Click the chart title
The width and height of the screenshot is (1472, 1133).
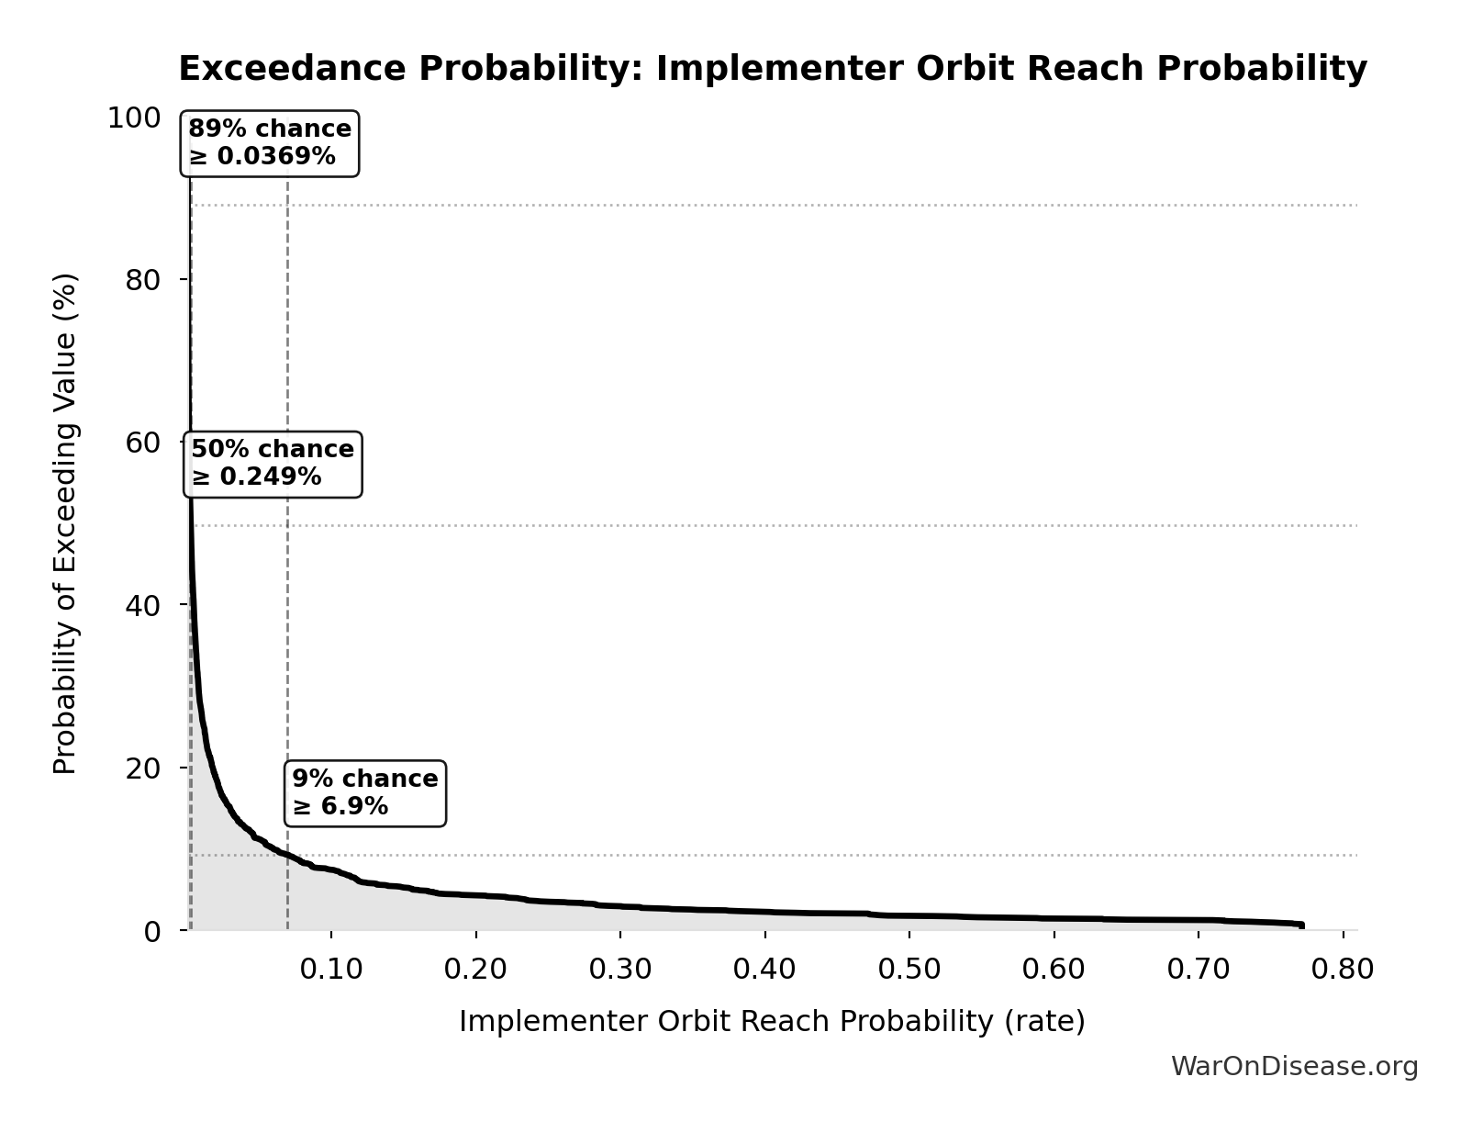tap(772, 69)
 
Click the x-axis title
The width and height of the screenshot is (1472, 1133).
tap(772, 1021)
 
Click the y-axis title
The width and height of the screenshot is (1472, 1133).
tap(65, 523)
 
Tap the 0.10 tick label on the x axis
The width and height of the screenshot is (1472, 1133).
tap(331, 970)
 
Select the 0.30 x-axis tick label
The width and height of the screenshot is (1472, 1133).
tap(620, 970)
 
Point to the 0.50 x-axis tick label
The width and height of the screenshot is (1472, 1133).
tap(909, 970)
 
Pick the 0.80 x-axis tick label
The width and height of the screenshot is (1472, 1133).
tap(1343, 970)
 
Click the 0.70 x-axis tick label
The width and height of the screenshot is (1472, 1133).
tap(1199, 970)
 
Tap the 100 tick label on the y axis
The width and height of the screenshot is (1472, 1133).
tap(134, 118)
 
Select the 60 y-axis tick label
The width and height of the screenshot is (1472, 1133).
tap(143, 443)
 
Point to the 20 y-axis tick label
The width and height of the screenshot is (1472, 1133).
tap(143, 768)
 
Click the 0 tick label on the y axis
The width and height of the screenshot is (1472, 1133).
tap(152, 931)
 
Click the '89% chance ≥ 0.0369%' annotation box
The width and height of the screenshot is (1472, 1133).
tap(270, 143)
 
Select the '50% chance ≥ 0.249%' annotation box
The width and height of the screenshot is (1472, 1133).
tap(273, 464)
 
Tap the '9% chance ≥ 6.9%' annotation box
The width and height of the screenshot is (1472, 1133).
tap(365, 793)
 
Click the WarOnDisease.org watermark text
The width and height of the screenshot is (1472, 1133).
tap(1294, 1066)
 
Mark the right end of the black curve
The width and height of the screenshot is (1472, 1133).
tap(1300, 925)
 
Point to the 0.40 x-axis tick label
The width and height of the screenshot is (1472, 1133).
tap(764, 970)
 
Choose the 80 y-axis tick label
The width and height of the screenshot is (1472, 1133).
tap(143, 280)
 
